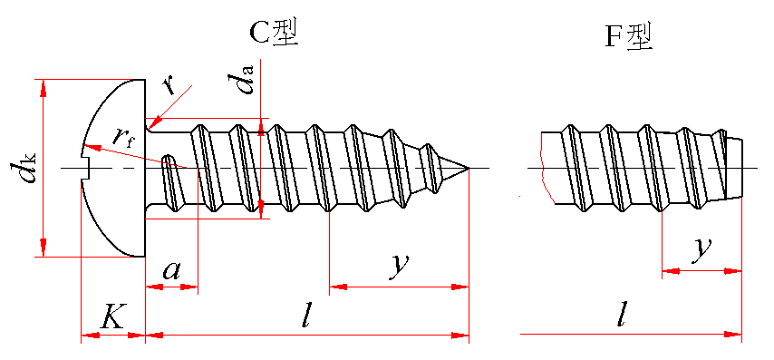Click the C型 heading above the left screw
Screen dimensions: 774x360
(x=274, y=34)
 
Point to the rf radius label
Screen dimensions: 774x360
(x=123, y=134)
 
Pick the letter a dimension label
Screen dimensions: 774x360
(x=170, y=270)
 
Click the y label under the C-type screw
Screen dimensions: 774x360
(x=399, y=267)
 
